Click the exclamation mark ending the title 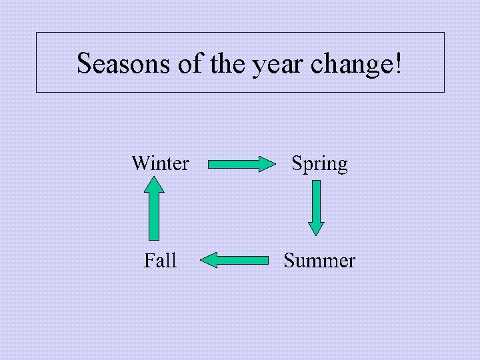click(x=399, y=63)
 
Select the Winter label click(x=160, y=163)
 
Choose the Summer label click(x=319, y=260)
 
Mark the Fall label click(x=160, y=260)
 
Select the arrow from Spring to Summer click(x=316, y=207)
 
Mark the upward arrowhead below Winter click(x=154, y=185)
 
